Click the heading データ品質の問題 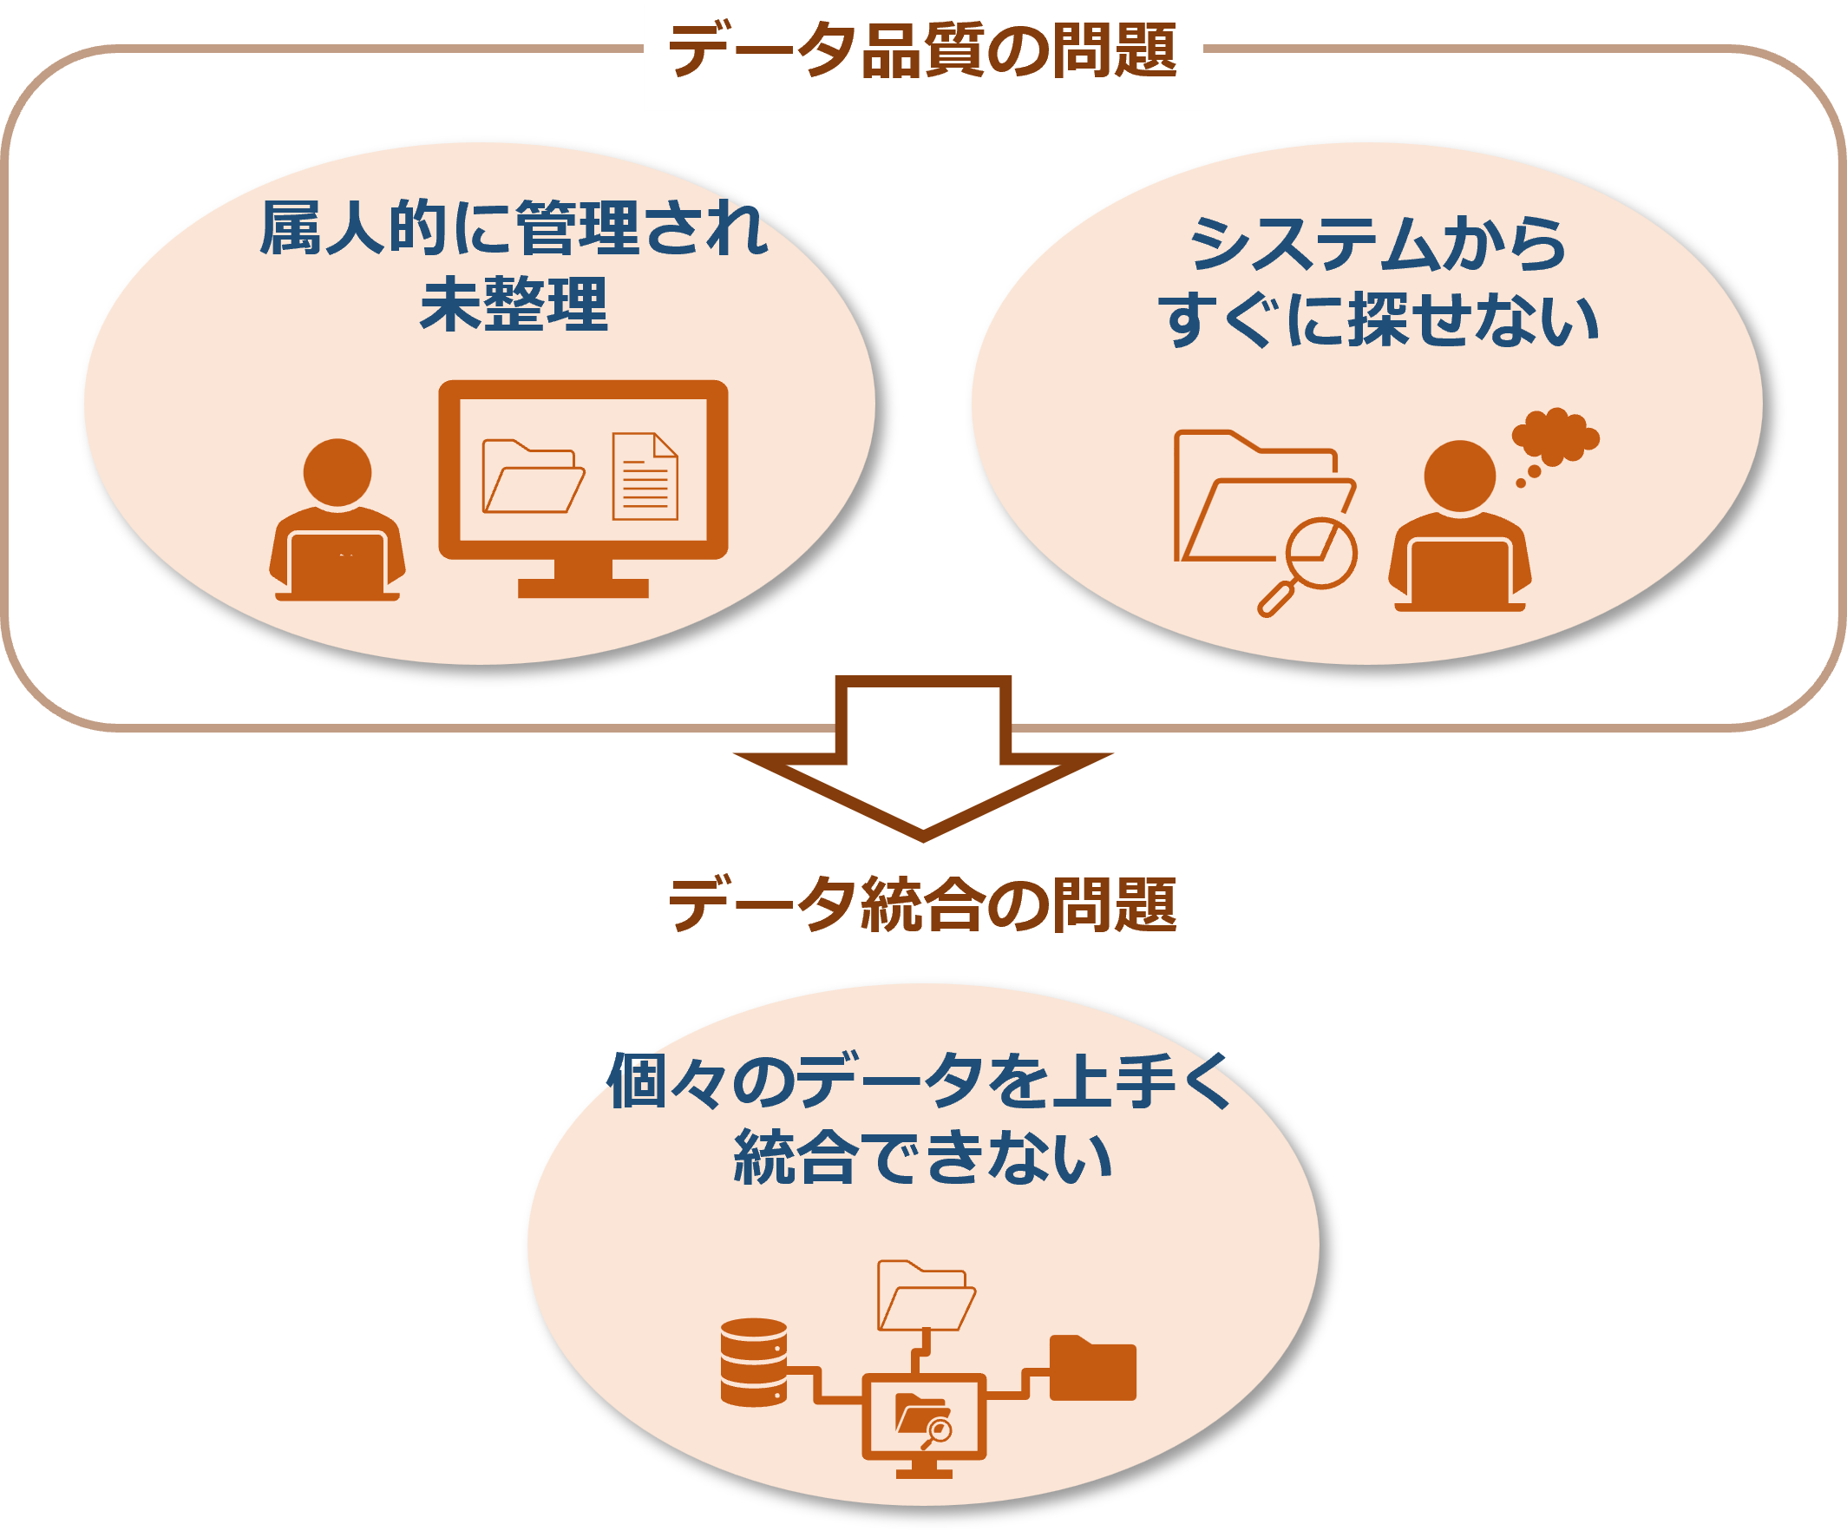[922, 50]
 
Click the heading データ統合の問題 [922, 903]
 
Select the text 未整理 [514, 305]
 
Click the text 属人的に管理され [514, 229]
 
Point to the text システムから [1378, 244]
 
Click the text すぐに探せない [1378, 319]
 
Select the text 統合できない [922, 1157]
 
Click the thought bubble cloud [1554, 437]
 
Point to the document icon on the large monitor [645, 476]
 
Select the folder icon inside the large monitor [531, 476]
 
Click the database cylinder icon [754, 1362]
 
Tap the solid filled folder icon [1092, 1368]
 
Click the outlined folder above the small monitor [926, 1296]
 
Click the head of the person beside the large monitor [337, 472]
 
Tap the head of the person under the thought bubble [1459, 475]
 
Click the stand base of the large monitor [583, 588]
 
